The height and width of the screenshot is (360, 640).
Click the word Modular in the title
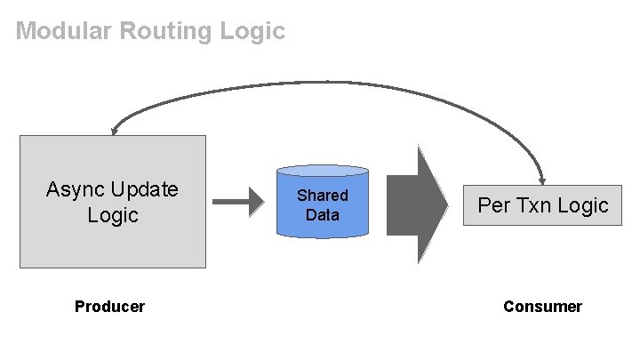tap(61, 32)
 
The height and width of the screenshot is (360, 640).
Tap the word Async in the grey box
tap(76, 189)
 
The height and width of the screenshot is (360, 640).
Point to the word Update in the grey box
tap(144, 189)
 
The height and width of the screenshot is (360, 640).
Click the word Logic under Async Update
tap(112, 215)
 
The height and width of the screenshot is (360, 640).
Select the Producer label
tap(109, 307)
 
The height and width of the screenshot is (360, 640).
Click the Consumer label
tap(542, 307)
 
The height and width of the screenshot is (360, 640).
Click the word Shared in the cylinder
tap(322, 195)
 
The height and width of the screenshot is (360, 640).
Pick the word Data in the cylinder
tap(322, 214)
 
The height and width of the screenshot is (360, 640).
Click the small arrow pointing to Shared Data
tap(238, 202)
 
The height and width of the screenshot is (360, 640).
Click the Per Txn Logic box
tap(542, 205)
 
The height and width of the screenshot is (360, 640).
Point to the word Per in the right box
tap(493, 205)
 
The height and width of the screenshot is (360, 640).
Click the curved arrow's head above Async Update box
tap(114, 131)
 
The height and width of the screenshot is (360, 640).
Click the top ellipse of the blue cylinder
tap(322, 169)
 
